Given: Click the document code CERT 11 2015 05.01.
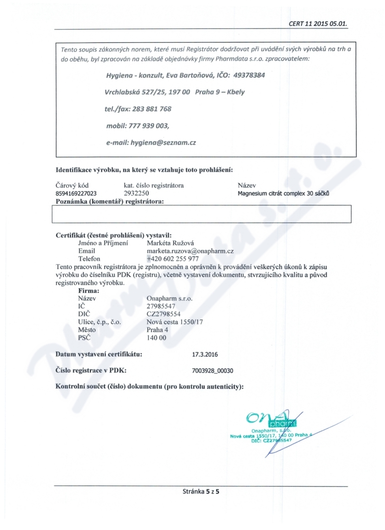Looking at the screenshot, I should [318, 23].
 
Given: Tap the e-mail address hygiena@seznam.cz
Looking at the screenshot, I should [163, 143].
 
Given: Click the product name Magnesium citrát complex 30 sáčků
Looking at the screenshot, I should [283, 194].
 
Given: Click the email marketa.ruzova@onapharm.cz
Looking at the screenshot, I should [190, 251].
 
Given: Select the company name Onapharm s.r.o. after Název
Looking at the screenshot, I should [169, 299].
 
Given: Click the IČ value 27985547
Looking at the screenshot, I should [162, 306].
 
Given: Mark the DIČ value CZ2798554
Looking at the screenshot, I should [164, 314].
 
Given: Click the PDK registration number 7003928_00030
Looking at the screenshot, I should [213, 371].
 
